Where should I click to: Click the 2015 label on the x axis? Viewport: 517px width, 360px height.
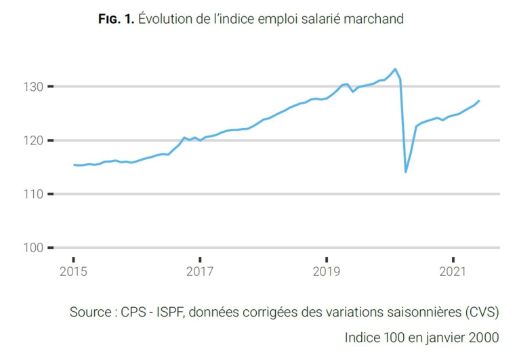pos(73,272)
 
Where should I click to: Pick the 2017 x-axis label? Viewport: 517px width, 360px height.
pos(200,272)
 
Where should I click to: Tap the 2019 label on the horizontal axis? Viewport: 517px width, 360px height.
pos(327,272)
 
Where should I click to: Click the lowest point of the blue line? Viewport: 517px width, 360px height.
pos(406,172)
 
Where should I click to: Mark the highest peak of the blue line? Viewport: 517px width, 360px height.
pos(395,68)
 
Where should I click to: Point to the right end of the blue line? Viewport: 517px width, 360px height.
pos(479,101)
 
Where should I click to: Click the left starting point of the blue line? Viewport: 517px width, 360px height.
pos(74,165)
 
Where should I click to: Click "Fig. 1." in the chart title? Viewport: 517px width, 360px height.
pos(116,19)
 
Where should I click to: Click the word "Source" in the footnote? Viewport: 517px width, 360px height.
pos(90,313)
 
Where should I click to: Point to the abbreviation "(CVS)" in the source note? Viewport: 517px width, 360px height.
pos(481,313)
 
